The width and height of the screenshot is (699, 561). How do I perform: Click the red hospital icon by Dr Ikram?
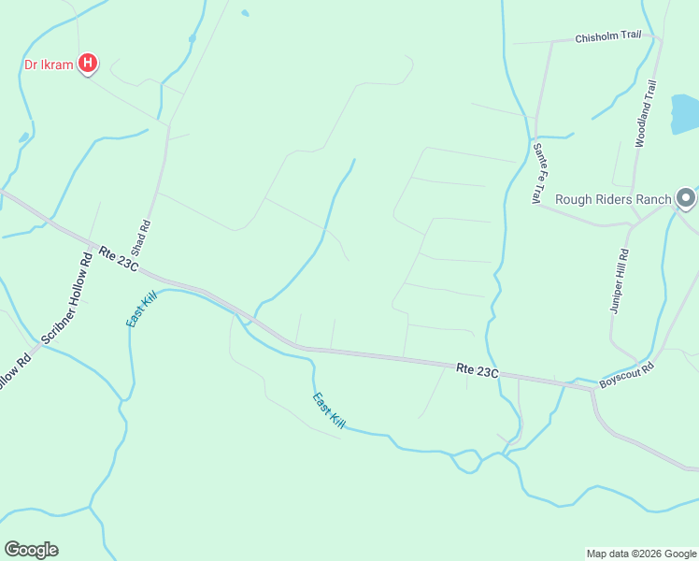pyautogui.click(x=88, y=64)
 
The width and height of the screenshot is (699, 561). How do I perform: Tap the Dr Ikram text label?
pyautogui.click(x=49, y=65)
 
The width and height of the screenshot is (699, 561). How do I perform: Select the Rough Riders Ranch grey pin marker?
pyautogui.click(x=687, y=198)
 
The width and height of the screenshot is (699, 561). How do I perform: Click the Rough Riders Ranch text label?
pyautogui.click(x=613, y=199)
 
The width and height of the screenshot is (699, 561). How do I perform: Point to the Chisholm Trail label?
pyautogui.click(x=608, y=37)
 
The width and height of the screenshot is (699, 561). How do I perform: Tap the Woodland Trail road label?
pyautogui.click(x=646, y=113)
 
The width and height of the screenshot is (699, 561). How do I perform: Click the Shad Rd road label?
pyautogui.click(x=141, y=238)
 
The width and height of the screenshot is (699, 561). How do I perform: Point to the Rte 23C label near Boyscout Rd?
pyautogui.click(x=478, y=370)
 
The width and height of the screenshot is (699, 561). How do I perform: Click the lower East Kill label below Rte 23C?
pyautogui.click(x=328, y=410)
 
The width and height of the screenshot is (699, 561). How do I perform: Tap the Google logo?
pyautogui.click(x=31, y=549)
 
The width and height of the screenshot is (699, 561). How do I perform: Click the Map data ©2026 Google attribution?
pyautogui.click(x=641, y=554)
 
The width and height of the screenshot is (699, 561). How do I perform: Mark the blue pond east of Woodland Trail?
pyautogui.click(x=685, y=114)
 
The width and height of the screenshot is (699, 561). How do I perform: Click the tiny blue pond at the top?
pyautogui.click(x=245, y=13)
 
